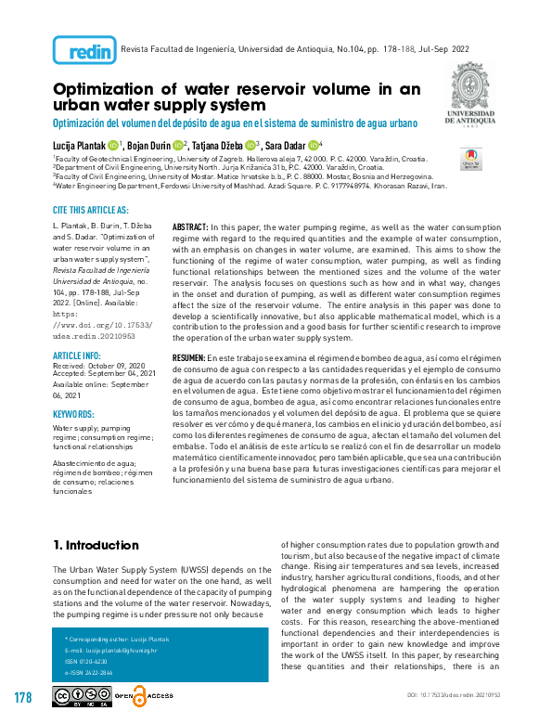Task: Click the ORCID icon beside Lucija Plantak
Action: [x=113, y=144]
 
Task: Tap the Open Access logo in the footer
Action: [x=149, y=697]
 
